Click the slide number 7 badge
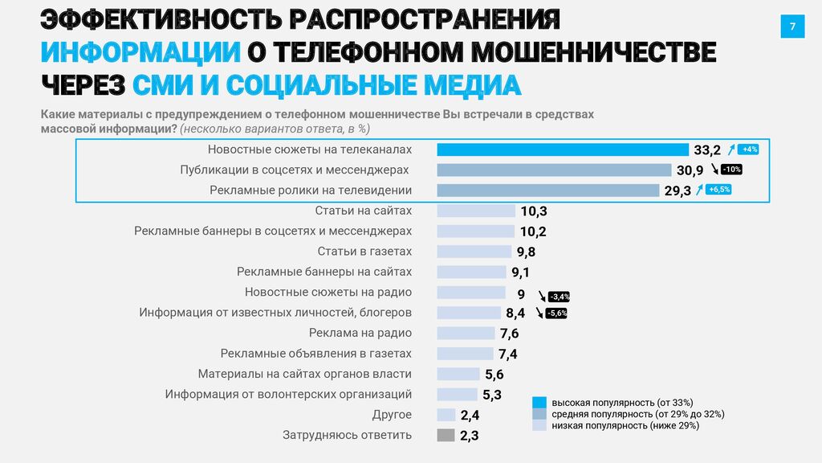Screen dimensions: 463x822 tap(792, 27)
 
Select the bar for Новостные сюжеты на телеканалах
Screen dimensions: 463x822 tap(563, 150)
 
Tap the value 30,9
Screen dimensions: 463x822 tap(690, 170)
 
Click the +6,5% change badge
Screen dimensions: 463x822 tap(719, 190)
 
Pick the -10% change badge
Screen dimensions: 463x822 tap(731, 170)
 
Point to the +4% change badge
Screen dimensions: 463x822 tap(748, 150)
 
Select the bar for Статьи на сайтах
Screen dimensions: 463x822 tap(476, 211)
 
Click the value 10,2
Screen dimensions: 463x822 tap(533, 231)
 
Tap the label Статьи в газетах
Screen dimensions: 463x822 tap(364, 252)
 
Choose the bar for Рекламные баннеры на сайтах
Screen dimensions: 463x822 tap(472, 272)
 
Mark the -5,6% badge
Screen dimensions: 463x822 tap(556, 313)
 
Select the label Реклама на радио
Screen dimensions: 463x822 tap(360, 333)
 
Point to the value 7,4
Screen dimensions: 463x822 tap(507, 354)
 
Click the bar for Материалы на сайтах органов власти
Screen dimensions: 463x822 tap(458, 374)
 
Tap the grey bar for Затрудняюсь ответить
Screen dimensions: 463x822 tap(446, 435)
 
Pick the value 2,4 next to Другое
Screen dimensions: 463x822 tap(470, 416)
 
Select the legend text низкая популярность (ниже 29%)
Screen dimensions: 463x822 tap(625, 426)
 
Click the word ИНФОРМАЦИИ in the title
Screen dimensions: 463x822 tap(141, 51)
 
